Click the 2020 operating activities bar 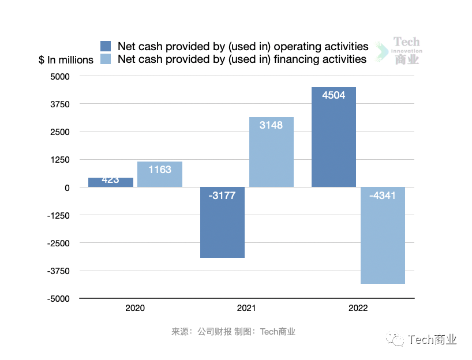point(111,182)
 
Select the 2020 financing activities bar point(160,174)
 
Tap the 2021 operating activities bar point(222,222)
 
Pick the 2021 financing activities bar point(271,152)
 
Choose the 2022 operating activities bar point(334,137)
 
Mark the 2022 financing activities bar point(383,235)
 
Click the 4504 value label point(334,96)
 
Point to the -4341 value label point(383,196)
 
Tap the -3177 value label point(222,196)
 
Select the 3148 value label point(271,125)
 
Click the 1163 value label point(160,170)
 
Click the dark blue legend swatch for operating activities point(106,46)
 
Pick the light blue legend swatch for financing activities point(106,59)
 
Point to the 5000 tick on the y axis point(59,76)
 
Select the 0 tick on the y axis point(67,187)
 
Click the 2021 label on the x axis point(246,308)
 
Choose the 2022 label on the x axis point(358,308)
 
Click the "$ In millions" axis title point(66,60)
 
